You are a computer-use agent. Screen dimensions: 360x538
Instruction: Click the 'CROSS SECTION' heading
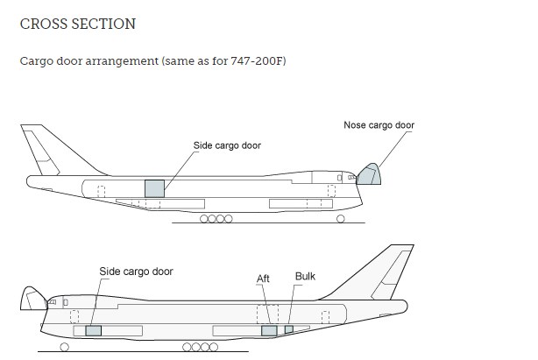click(x=77, y=25)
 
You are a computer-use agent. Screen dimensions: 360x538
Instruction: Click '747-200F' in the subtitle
click(x=262, y=63)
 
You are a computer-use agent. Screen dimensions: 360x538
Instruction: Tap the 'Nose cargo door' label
click(x=379, y=125)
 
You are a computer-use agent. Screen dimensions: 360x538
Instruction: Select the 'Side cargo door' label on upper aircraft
click(x=227, y=145)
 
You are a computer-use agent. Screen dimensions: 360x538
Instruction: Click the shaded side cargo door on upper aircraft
click(x=155, y=187)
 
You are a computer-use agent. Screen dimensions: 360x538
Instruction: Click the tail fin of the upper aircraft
click(x=40, y=151)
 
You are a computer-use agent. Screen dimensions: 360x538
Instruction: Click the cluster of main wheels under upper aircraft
click(x=216, y=219)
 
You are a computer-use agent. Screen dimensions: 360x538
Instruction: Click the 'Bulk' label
click(x=305, y=277)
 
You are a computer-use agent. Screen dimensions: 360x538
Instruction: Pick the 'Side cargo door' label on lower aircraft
click(x=136, y=272)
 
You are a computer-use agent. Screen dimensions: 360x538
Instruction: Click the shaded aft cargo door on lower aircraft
click(x=269, y=330)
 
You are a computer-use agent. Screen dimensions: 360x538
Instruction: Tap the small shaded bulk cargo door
click(x=288, y=329)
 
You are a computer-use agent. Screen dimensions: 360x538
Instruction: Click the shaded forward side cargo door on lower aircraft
click(x=93, y=330)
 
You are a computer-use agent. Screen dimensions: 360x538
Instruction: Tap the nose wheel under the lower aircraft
click(x=65, y=348)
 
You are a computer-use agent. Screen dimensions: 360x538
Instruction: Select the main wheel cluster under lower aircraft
click(x=200, y=348)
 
